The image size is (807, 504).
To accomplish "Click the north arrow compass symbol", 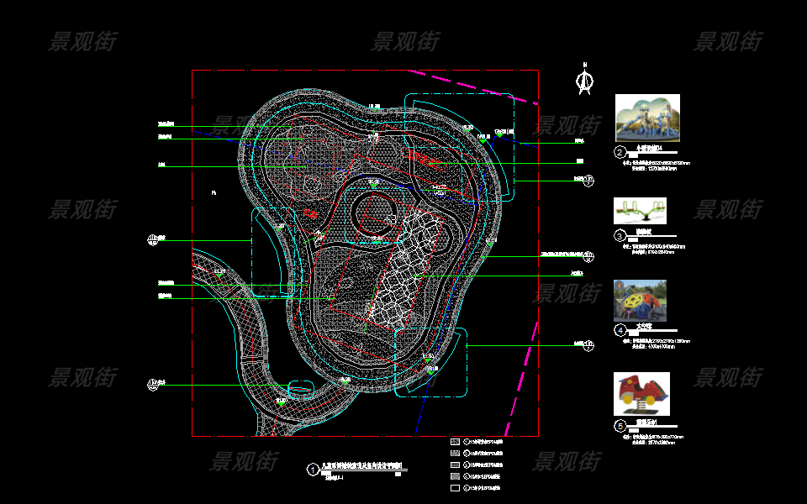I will [x=583, y=80].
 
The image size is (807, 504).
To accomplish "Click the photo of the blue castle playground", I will [x=647, y=118].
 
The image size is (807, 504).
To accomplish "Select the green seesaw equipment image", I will [x=640, y=210].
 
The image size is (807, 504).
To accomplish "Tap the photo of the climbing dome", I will [x=640, y=300].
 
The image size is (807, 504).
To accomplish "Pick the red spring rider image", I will [x=641, y=393].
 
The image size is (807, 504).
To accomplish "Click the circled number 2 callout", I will [x=620, y=153].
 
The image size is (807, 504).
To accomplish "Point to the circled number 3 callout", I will [x=620, y=236].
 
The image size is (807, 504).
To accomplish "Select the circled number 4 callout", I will [x=620, y=330].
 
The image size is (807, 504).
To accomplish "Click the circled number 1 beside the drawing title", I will [x=313, y=470].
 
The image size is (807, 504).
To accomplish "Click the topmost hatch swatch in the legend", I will [x=455, y=441].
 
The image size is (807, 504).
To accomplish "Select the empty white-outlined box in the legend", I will [x=455, y=488].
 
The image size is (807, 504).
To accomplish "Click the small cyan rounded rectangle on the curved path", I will [x=300, y=389].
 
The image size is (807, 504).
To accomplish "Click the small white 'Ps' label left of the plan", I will [x=214, y=193].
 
